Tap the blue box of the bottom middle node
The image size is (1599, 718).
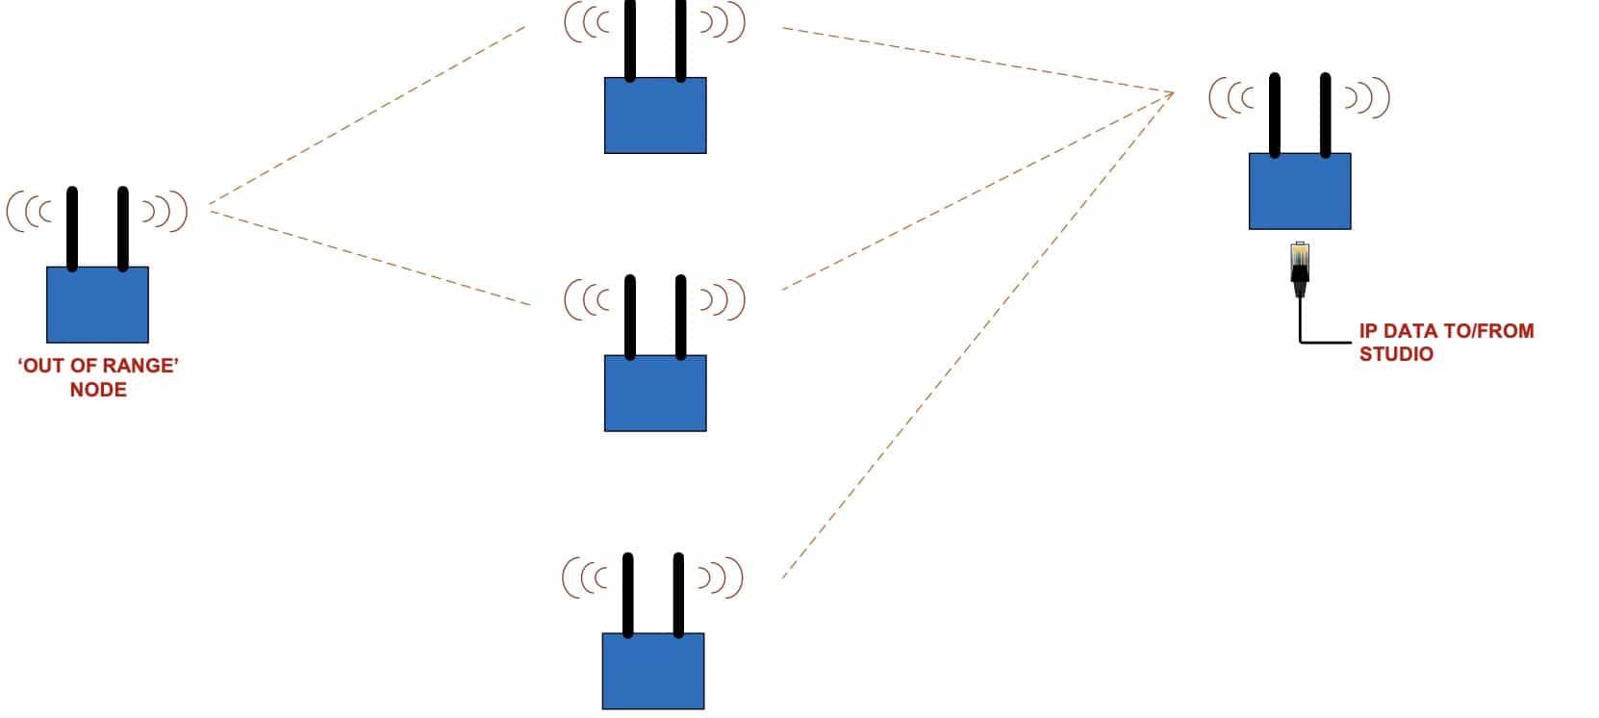(653, 671)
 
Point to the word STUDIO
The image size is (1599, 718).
(1396, 354)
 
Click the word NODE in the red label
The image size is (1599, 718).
(98, 390)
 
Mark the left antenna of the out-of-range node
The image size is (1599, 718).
(72, 228)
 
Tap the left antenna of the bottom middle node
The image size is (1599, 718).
(627, 594)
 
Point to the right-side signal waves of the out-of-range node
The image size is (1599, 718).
(165, 212)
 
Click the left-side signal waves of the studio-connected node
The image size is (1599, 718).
(1232, 98)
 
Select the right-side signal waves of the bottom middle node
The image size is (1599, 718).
(722, 577)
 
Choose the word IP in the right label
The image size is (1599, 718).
(1368, 331)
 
